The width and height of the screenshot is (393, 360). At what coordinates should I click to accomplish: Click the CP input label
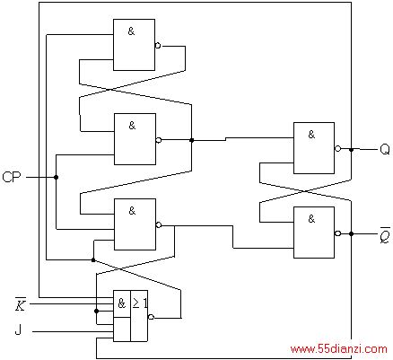point(12,177)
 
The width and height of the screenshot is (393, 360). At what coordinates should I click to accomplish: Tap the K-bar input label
point(21,304)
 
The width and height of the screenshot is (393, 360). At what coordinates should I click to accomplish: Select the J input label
point(18,330)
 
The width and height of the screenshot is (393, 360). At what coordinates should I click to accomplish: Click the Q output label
point(385,149)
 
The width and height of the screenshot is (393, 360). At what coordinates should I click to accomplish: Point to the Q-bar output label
point(385,235)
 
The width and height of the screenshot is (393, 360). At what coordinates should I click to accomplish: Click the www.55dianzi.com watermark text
point(338,349)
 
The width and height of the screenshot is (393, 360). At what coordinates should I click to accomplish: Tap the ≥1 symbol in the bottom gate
point(140,303)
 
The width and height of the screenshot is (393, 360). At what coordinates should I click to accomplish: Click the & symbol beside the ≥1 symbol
point(121,303)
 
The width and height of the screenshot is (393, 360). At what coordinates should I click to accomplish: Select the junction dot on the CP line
point(56,177)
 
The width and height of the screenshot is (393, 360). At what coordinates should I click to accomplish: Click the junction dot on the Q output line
point(351,149)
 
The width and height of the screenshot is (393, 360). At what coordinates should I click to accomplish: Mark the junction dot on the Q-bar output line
point(351,233)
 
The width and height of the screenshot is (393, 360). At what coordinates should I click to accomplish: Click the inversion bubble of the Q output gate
point(337,148)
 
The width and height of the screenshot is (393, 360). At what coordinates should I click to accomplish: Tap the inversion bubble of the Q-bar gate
point(337,233)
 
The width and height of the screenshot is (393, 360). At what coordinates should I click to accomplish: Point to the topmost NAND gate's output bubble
point(158,46)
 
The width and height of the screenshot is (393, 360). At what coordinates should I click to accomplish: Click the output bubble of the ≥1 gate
point(151,317)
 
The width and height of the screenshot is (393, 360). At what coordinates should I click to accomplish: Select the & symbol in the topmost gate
point(131,31)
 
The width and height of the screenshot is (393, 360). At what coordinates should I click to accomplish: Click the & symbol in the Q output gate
point(311,135)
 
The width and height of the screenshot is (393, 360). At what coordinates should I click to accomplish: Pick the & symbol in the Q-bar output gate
point(311,219)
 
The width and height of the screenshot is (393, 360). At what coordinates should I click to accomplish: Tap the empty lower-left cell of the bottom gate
point(122,329)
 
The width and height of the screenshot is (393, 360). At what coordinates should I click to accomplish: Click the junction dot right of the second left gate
point(192,140)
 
